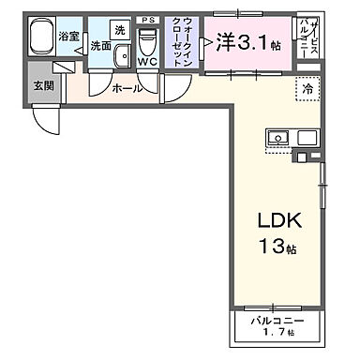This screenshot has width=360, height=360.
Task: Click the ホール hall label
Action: [128, 87]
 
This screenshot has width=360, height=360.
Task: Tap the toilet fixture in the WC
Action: [147, 42]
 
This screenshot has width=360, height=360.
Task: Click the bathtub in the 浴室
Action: [40, 39]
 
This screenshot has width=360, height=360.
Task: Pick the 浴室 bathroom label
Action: [68, 37]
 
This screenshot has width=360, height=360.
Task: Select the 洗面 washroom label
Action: [101, 45]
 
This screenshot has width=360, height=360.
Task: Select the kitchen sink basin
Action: [279, 139]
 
